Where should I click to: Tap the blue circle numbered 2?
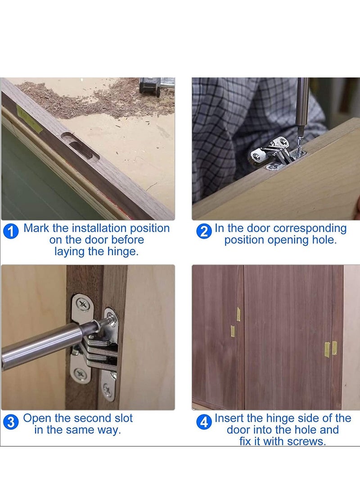[204, 232]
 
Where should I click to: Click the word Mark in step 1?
[36, 228]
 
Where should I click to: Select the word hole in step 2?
[324, 240]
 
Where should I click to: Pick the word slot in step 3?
[121, 418]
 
